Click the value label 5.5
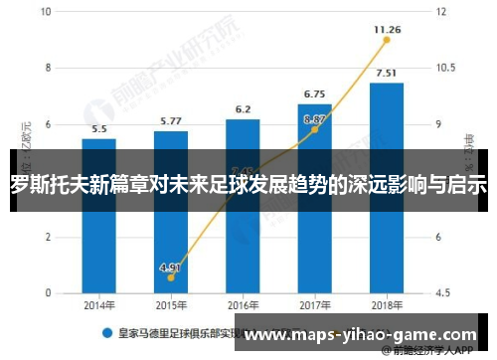[99, 129]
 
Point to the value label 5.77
[171, 122]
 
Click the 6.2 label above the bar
[243, 109]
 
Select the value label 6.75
[314, 94]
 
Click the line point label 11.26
[387, 30]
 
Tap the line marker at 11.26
[387, 44]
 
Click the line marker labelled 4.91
[171, 277]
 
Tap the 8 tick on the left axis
[47, 69]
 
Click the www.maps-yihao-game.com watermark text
[361, 336]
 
